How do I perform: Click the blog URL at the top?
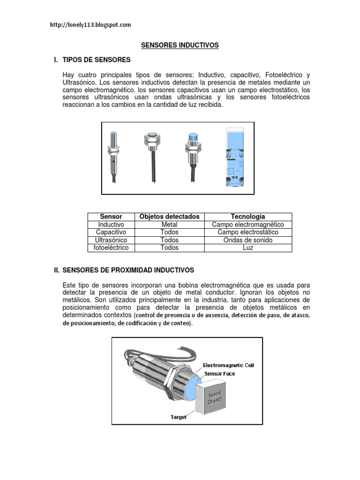[90, 25]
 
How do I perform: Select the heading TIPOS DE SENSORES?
[96, 60]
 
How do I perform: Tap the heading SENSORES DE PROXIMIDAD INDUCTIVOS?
[128, 270]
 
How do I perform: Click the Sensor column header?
[111, 217]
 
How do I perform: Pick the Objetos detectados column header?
[169, 217]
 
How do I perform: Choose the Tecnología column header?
[248, 217]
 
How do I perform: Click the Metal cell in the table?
[169, 225]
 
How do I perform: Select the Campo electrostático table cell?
[248, 232]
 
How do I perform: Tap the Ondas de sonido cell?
[248, 240]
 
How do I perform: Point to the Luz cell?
[248, 247]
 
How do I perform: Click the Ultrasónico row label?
[111, 240]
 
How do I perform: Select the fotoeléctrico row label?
[111, 247]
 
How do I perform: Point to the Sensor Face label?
[219, 374]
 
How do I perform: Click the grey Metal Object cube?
[214, 396]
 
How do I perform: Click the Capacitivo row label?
[111, 232]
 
